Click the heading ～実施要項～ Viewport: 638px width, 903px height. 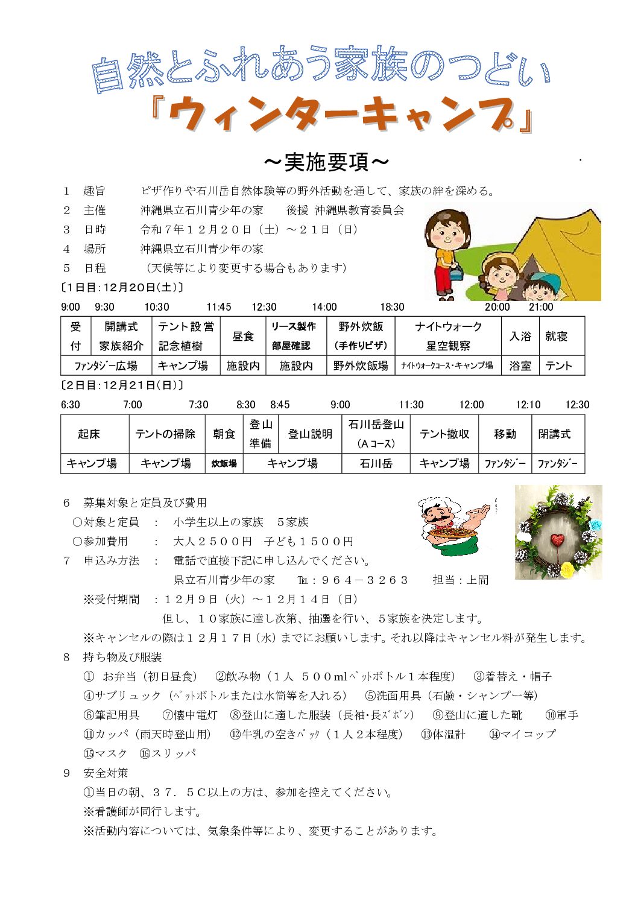326,162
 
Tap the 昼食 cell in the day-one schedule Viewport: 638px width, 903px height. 243,336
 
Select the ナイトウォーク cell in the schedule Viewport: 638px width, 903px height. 448,327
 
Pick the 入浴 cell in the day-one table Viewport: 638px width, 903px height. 520,336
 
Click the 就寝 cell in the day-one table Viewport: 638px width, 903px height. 556,336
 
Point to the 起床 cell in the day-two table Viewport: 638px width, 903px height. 89,434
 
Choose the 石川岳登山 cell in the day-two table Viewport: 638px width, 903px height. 376,425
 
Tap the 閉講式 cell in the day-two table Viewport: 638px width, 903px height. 554,434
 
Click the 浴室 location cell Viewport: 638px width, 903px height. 520,366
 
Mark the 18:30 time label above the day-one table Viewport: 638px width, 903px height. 392,307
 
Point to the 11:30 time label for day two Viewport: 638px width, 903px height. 411,405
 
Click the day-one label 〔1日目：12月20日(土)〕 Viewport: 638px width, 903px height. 122,288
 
